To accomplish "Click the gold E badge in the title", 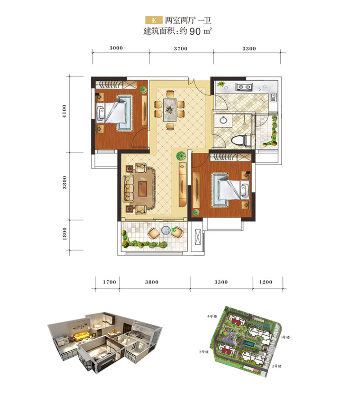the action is [154, 20].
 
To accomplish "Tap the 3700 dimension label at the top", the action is [180, 49].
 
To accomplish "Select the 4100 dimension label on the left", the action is [64, 111].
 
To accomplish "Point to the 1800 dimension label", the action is [64, 234].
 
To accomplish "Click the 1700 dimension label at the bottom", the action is [109, 282].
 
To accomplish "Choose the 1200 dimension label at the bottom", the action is [265, 282].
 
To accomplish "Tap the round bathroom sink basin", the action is [223, 120].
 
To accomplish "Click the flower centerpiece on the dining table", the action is [169, 109].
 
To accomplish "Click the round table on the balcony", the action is [166, 230].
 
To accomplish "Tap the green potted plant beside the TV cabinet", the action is [181, 155].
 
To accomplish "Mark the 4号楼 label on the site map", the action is [212, 316].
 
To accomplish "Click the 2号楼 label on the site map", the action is [277, 366].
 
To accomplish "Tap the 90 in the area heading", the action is [195, 31].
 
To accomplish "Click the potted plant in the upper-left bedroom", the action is [143, 90].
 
